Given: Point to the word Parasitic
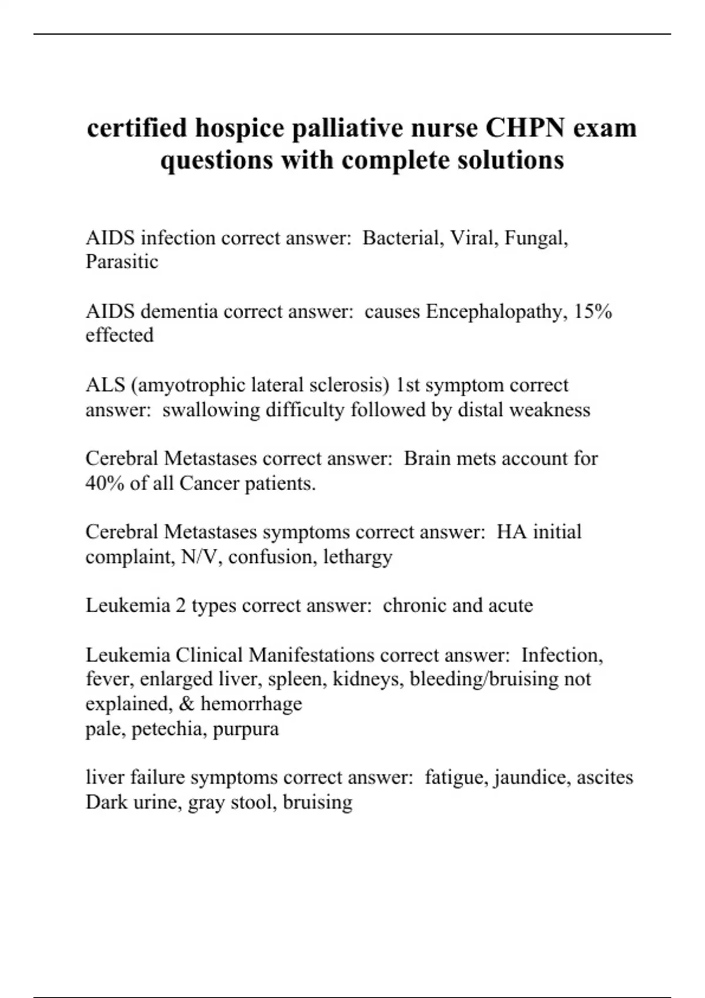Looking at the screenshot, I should click(122, 262).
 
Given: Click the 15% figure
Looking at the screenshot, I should click(593, 311).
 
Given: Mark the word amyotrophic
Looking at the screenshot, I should click(193, 385).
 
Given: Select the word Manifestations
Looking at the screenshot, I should click(311, 655).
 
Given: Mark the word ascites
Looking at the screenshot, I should click(605, 777).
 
